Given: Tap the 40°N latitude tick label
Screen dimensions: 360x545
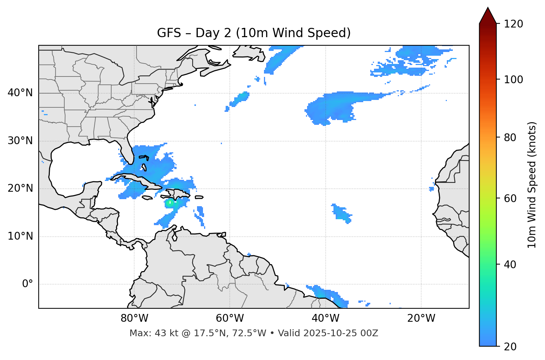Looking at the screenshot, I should pyautogui.click(x=20, y=93).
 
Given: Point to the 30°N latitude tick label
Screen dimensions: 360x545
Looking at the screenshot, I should pyautogui.click(x=20, y=141).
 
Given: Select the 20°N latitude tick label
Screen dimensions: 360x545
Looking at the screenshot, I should pyautogui.click(x=20, y=188).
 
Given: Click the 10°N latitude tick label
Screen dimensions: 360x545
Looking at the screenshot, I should pyautogui.click(x=20, y=236).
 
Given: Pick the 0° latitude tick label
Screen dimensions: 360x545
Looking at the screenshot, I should pyautogui.click(x=28, y=284).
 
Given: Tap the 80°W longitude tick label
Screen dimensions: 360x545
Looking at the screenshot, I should pyautogui.click(x=134, y=318).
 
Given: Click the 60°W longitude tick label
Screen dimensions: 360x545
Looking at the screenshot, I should pyautogui.click(x=230, y=318).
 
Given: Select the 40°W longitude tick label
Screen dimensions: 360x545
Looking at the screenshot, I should pyautogui.click(x=325, y=318).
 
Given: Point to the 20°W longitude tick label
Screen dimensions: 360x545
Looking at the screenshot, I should pyautogui.click(x=421, y=318).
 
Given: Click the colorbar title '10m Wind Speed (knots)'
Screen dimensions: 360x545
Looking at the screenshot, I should pyautogui.click(x=532, y=185).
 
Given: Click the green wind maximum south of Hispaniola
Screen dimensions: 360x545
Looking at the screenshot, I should pyautogui.click(x=170, y=203).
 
